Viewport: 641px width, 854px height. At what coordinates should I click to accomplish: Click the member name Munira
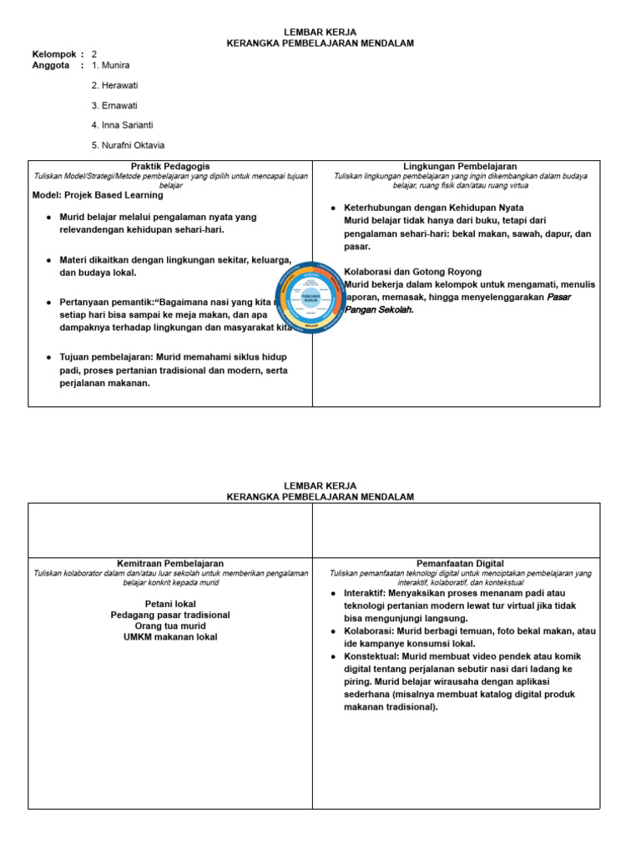click(x=115, y=65)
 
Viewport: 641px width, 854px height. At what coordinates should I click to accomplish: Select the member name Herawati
click(x=121, y=85)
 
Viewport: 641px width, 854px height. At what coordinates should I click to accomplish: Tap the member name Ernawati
click(x=120, y=106)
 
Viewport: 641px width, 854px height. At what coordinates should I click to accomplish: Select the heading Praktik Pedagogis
click(x=170, y=167)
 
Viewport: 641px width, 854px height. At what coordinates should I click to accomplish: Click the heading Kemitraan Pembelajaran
click(x=170, y=564)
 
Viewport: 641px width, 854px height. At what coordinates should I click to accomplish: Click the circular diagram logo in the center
click(x=310, y=297)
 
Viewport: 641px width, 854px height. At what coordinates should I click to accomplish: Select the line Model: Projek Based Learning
click(x=98, y=196)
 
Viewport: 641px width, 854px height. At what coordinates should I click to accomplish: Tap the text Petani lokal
click(x=170, y=603)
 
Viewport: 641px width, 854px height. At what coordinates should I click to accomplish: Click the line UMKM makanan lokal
click(x=170, y=637)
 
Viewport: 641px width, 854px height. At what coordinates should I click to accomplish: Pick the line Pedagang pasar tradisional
click(x=170, y=615)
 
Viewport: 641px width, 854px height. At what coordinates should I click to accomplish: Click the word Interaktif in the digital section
click(x=364, y=593)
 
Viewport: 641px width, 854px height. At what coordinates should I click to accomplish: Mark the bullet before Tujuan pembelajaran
click(x=49, y=357)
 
